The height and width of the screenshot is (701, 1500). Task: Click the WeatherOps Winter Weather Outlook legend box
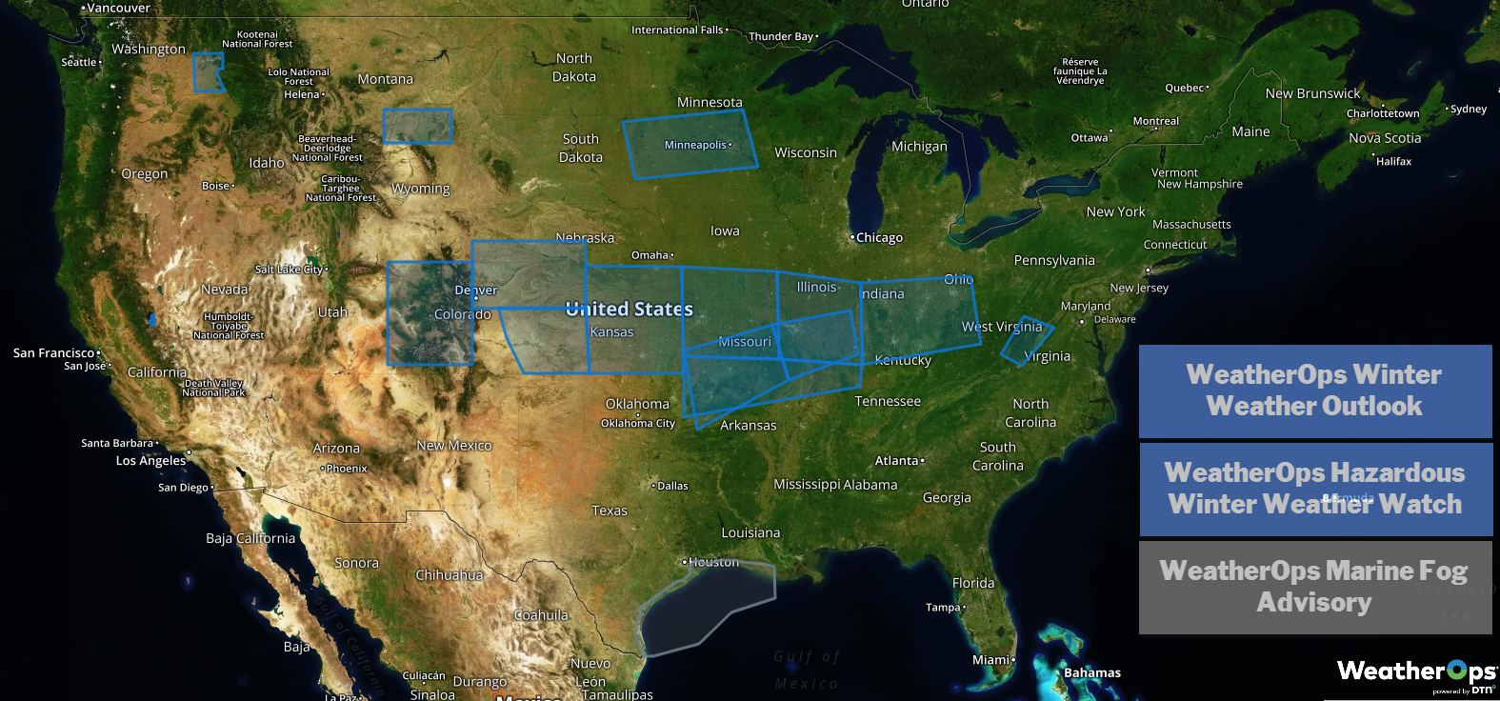pyautogui.click(x=1314, y=391)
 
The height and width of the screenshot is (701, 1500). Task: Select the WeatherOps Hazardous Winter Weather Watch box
pyautogui.click(x=1314, y=489)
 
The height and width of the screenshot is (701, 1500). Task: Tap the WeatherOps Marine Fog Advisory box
pyautogui.click(x=1314, y=587)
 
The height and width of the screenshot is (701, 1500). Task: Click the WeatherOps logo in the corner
pyautogui.click(x=1415, y=673)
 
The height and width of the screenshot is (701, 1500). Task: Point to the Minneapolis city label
pyautogui.click(x=696, y=145)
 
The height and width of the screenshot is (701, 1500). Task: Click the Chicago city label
pyautogui.click(x=878, y=237)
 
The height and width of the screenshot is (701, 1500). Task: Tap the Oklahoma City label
pyautogui.click(x=637, y=423)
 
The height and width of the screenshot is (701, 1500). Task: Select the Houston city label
pyautogui.click(x=712, y=562)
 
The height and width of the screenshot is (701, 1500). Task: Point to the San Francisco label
pyautogui.click(x=54, y=352)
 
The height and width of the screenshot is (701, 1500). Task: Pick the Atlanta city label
pyautogui.click(x=897, y=460)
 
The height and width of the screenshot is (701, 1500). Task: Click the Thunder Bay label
pyautogui.click(x=781, y=36)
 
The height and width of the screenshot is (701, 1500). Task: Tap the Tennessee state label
pyautogui.click(x=888, y=401)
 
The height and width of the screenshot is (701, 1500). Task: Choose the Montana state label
pyautogui.click(x=385, y=79)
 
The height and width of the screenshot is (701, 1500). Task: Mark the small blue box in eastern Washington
pyautogui.click(x=208, y=72)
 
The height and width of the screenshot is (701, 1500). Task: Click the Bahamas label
pyautogui.click(x=1091, y=672)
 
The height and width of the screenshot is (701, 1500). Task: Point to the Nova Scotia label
pyautogui.click(x=1384, y=138)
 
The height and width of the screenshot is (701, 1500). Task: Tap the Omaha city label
pyautogui.click(x=650, y=255)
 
